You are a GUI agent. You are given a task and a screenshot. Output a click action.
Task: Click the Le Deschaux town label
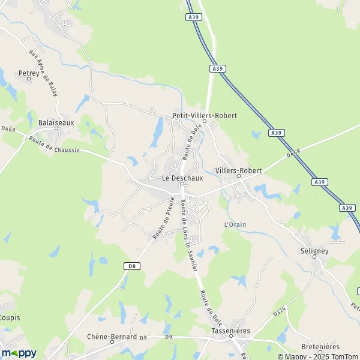click(182, 178)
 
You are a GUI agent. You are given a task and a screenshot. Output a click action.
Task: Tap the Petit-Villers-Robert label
click(204, 115)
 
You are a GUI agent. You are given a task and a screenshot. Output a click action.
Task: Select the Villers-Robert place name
click(238, 171)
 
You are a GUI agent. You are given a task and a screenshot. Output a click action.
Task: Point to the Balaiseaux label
click(56, 122)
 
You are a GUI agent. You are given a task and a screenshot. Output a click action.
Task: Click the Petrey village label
click(29, 74)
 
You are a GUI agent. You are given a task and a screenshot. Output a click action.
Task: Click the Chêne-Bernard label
click(112, 337)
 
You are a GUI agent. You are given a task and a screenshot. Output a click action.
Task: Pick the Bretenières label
click(320, 347)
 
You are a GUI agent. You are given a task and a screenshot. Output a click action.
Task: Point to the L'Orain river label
click(235, 224)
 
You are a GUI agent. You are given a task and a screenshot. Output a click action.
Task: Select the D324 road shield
click(278, 312)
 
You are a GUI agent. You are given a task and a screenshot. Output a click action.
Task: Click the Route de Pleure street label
click(163, 218)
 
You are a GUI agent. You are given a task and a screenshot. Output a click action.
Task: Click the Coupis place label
click(9, 317)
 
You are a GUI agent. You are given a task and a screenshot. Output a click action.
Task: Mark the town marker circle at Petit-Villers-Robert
click(204, 122)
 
